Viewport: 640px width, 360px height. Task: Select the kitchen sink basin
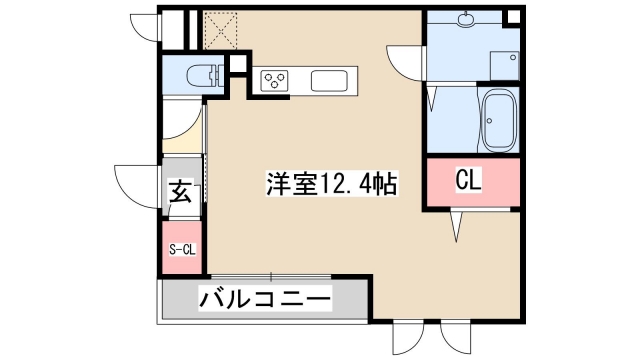[x=329, y=79]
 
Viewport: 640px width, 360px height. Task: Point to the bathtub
[x=497, y=120]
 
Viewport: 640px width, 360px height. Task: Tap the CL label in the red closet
[x=469, y=180]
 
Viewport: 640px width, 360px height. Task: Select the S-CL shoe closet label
[x=181, y=249]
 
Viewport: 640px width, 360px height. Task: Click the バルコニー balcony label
[x=264, y=298]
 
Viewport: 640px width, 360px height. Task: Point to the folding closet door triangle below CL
[x=457, y=225]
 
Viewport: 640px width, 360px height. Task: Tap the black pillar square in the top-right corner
[x=512, y=18]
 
